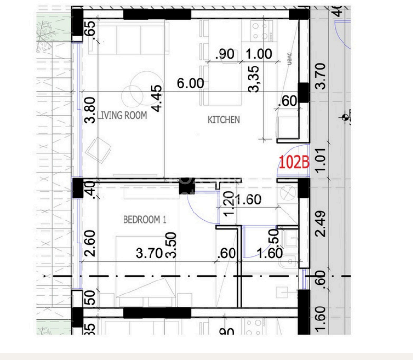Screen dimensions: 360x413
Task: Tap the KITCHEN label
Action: [x=223, y=120]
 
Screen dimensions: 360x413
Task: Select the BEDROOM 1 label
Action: [x=145, y=220]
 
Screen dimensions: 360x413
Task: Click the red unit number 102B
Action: [x=293, y=162]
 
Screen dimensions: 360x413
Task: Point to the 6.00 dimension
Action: [x=190, y=83]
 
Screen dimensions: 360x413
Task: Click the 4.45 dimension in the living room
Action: [x=156, y=98]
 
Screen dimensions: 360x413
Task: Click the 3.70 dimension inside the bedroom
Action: [x=149, y=253]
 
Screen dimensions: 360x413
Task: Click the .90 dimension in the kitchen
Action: [x=225, y=54]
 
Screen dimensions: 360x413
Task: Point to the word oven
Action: [x=290, y=58]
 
